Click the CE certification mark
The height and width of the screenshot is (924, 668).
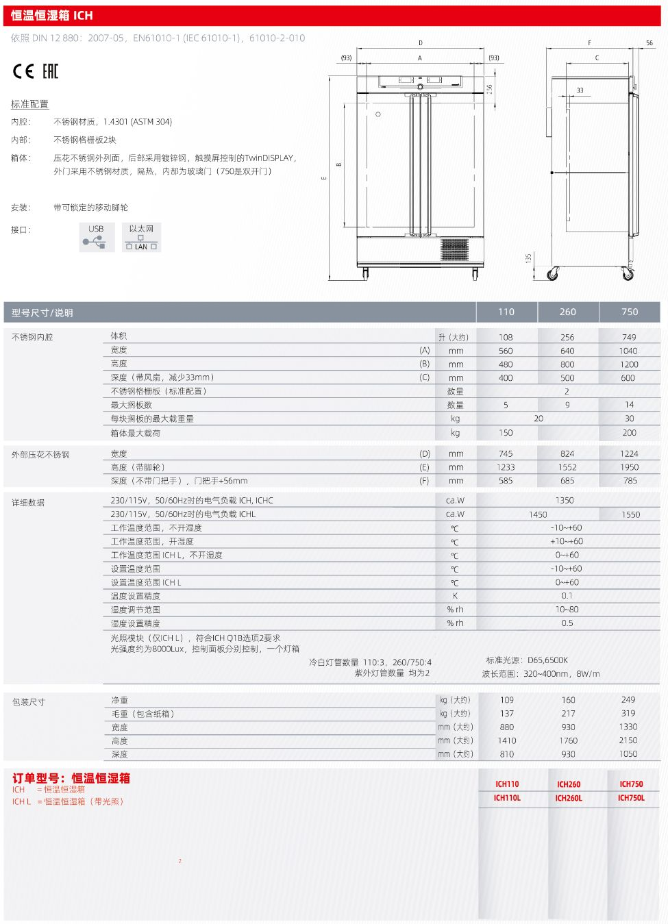(x=23, y=71)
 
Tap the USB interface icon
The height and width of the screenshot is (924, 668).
(x=96, y=238)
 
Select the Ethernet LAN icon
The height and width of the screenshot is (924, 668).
(x=141, y=238)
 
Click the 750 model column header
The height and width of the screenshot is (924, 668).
(x=630, y=312)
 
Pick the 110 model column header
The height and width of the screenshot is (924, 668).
(x=506, y=312)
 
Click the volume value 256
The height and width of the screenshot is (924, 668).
(x=567, y=337)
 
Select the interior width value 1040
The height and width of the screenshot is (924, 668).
(x=628, y=351)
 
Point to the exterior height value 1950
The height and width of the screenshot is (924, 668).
(x=629, y=467)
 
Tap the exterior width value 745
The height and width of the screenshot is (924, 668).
(x=506, y=453)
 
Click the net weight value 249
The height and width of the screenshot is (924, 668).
(x=628, y=699)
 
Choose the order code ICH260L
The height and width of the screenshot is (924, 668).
(x=569, y=798)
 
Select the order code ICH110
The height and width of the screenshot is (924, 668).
(x=507, y=784)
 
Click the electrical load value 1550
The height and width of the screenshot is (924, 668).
(x=630, y=514)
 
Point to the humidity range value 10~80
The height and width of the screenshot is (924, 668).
(x=567, y=610)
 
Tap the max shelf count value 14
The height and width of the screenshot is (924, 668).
(x=629, y=405)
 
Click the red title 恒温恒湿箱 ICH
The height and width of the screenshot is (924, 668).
(x=52, y=15)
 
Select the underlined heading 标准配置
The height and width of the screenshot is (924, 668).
(x=29, y=104)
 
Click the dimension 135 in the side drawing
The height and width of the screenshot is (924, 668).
(x=528, y=258)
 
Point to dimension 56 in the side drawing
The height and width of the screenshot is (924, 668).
(x=650, y=43)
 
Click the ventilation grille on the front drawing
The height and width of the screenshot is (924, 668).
(x=454, y=250)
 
